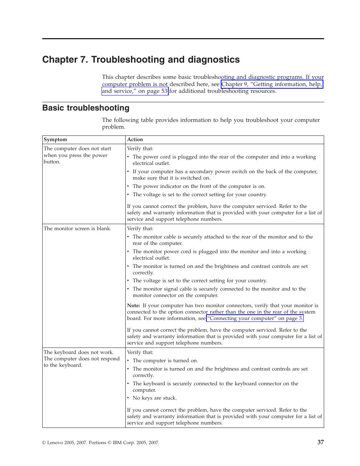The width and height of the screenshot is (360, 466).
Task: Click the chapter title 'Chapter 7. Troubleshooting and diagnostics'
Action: (x=141, y=60)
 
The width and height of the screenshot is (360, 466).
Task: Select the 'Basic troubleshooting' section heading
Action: (x=86, y=108)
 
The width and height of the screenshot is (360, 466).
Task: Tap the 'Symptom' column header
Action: (x=55, y=140)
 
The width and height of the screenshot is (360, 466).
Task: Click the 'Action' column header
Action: (x=135, y=140)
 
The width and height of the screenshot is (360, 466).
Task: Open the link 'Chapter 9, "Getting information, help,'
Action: (x=272, y=84)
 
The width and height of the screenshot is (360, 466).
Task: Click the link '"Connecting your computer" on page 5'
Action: (x=255, y=318)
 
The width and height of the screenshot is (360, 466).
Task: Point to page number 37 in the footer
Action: (x=320, y=442)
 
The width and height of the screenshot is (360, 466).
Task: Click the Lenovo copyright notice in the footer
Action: (x=100, y=443)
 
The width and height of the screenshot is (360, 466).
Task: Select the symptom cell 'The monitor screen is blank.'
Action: (x=77, y=229)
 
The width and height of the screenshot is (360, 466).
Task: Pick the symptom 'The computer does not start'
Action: (x=77, y=149)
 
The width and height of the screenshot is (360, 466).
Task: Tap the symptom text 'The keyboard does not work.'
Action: (x=78, y=352)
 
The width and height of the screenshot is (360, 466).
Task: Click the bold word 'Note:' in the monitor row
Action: (x=134, y=306)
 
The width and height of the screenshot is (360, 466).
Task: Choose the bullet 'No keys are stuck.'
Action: (x=154, y=398)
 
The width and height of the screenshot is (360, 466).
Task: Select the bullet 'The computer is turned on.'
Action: (x=165, y=361)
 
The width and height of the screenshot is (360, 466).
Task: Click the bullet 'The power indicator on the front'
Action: (x=199, y=186)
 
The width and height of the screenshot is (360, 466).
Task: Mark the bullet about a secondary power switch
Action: (x=225, y=175)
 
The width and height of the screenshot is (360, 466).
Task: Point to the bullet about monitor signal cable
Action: (x=219, y=292)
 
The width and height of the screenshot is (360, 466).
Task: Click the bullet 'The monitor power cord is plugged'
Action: (x=219, y=255)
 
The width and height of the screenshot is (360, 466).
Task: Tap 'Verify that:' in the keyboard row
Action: (x=140, y=352)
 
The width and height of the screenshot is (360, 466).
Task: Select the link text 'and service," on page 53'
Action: (x=135, y=91)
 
